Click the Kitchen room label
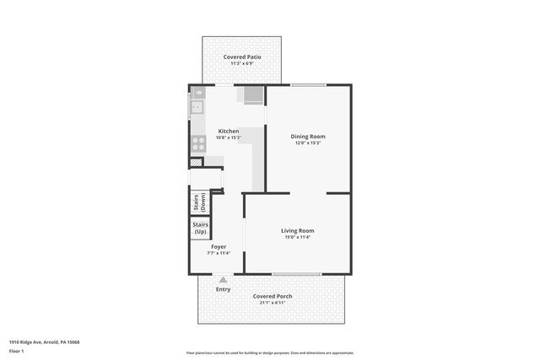(229, 132)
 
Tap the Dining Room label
(308, 137)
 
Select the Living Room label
(297, 231)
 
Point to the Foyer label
(219, 247)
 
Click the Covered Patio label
(242, 56)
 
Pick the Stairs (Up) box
(200, 228)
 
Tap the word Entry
(223, 289)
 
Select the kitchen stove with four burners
(198, 143)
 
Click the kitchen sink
(197, 107)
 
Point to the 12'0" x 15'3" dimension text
(308, 143)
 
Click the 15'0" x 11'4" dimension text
(297, 238)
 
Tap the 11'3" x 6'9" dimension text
(242, 63)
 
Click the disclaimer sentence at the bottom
(270, 352)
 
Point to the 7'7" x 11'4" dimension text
(219, 254)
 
